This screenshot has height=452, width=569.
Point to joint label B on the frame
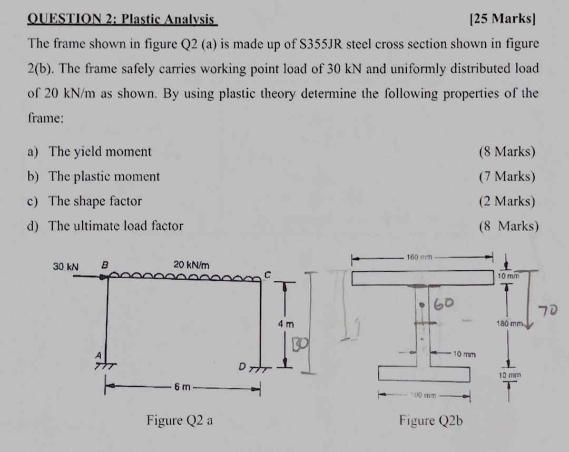tap(104, 265)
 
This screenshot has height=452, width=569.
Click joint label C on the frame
tap(268, 273)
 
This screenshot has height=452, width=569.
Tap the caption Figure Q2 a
tap(180, 420)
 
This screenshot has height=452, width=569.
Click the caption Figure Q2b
tap(431, 420)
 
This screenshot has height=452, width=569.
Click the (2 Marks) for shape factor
tap(506, 201)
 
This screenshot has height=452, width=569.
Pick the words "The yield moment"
tap(100, 152)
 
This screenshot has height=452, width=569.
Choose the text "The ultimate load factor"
tap(116, 226)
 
